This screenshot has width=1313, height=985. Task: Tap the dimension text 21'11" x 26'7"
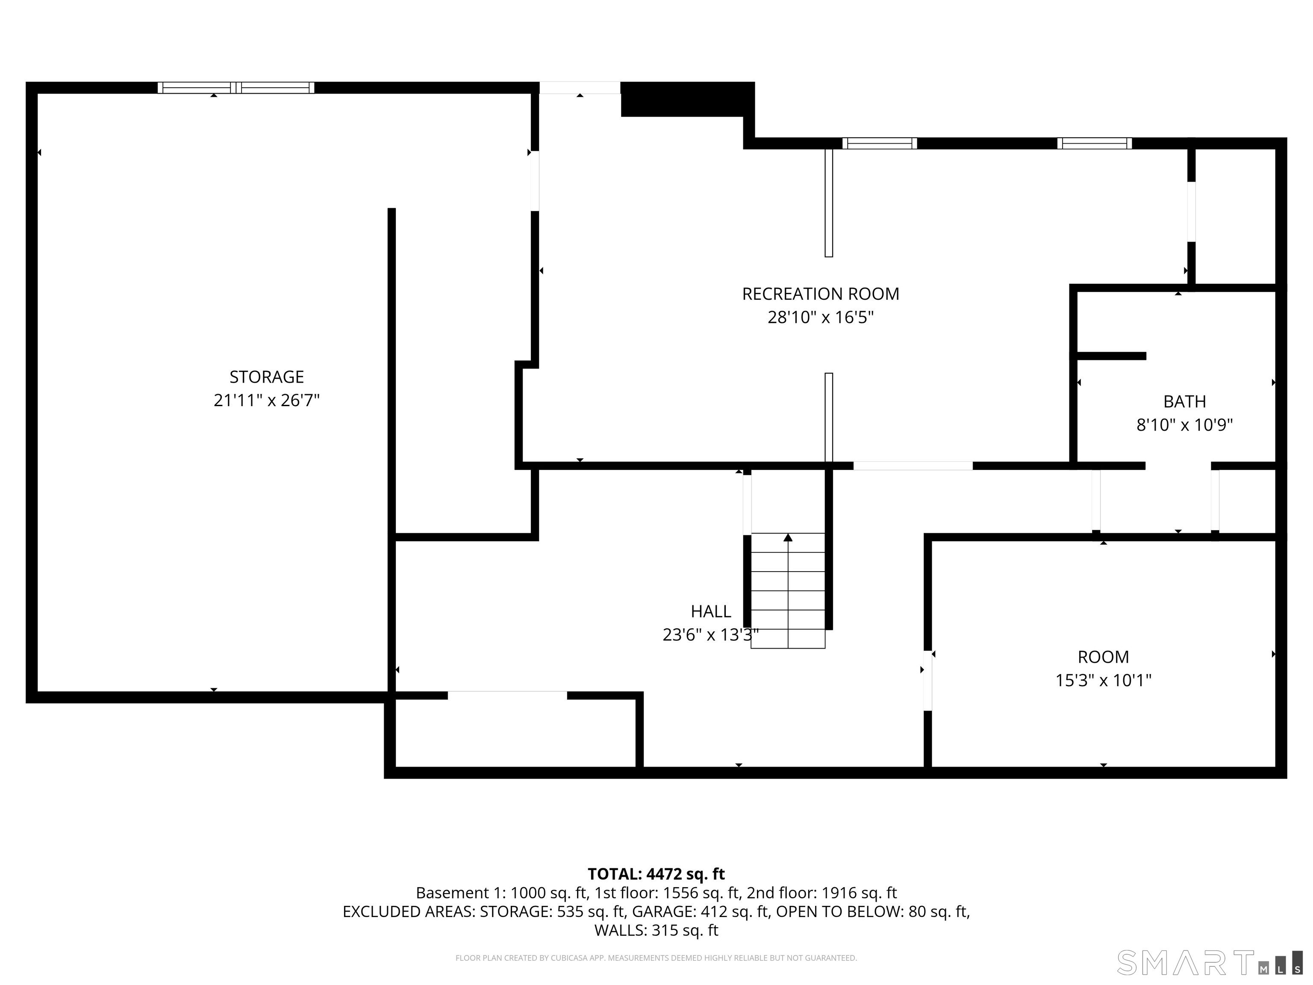(x=267, y=400)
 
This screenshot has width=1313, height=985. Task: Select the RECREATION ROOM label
(x=820, y=294)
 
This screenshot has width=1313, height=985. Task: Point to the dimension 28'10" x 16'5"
(x=820, y=317)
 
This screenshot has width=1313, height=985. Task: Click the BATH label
(x=1184, y=401)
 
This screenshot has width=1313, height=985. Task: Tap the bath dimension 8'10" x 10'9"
(x=1184, y=425)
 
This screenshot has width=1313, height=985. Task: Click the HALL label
(x=710, y=611)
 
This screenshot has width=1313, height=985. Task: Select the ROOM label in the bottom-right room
(x=1103, y=657)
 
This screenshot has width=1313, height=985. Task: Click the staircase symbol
(x=788, y=591)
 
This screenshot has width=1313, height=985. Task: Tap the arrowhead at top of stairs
(x=788, y=537)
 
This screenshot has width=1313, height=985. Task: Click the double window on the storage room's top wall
(x=236, y=88)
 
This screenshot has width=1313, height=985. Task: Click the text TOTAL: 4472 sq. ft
(x=656, y=874)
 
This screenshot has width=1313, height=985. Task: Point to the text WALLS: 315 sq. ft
(x=656, y=930)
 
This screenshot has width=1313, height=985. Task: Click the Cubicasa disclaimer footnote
(x=656, y=958)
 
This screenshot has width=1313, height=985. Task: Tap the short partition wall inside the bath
(x=1110, y=356)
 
